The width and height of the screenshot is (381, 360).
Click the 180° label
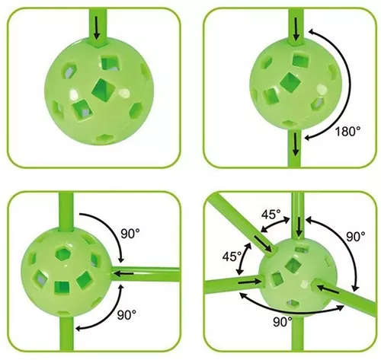347,132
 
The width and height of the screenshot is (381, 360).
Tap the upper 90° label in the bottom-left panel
130,234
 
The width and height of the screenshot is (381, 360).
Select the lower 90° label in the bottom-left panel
126,314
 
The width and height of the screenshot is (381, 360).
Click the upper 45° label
271,215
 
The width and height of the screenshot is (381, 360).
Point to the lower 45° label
232,256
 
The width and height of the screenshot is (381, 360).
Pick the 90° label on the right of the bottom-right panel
356,237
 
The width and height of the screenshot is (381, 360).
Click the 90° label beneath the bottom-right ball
283,322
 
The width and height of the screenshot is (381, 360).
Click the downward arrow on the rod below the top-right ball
296,144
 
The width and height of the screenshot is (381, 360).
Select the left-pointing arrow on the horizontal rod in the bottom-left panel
123,273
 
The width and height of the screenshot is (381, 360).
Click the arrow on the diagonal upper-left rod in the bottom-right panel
263,244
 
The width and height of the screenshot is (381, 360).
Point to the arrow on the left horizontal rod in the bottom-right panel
249,282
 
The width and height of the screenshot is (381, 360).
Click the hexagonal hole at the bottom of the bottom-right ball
293,303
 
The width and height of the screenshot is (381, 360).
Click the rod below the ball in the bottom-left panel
66,334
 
